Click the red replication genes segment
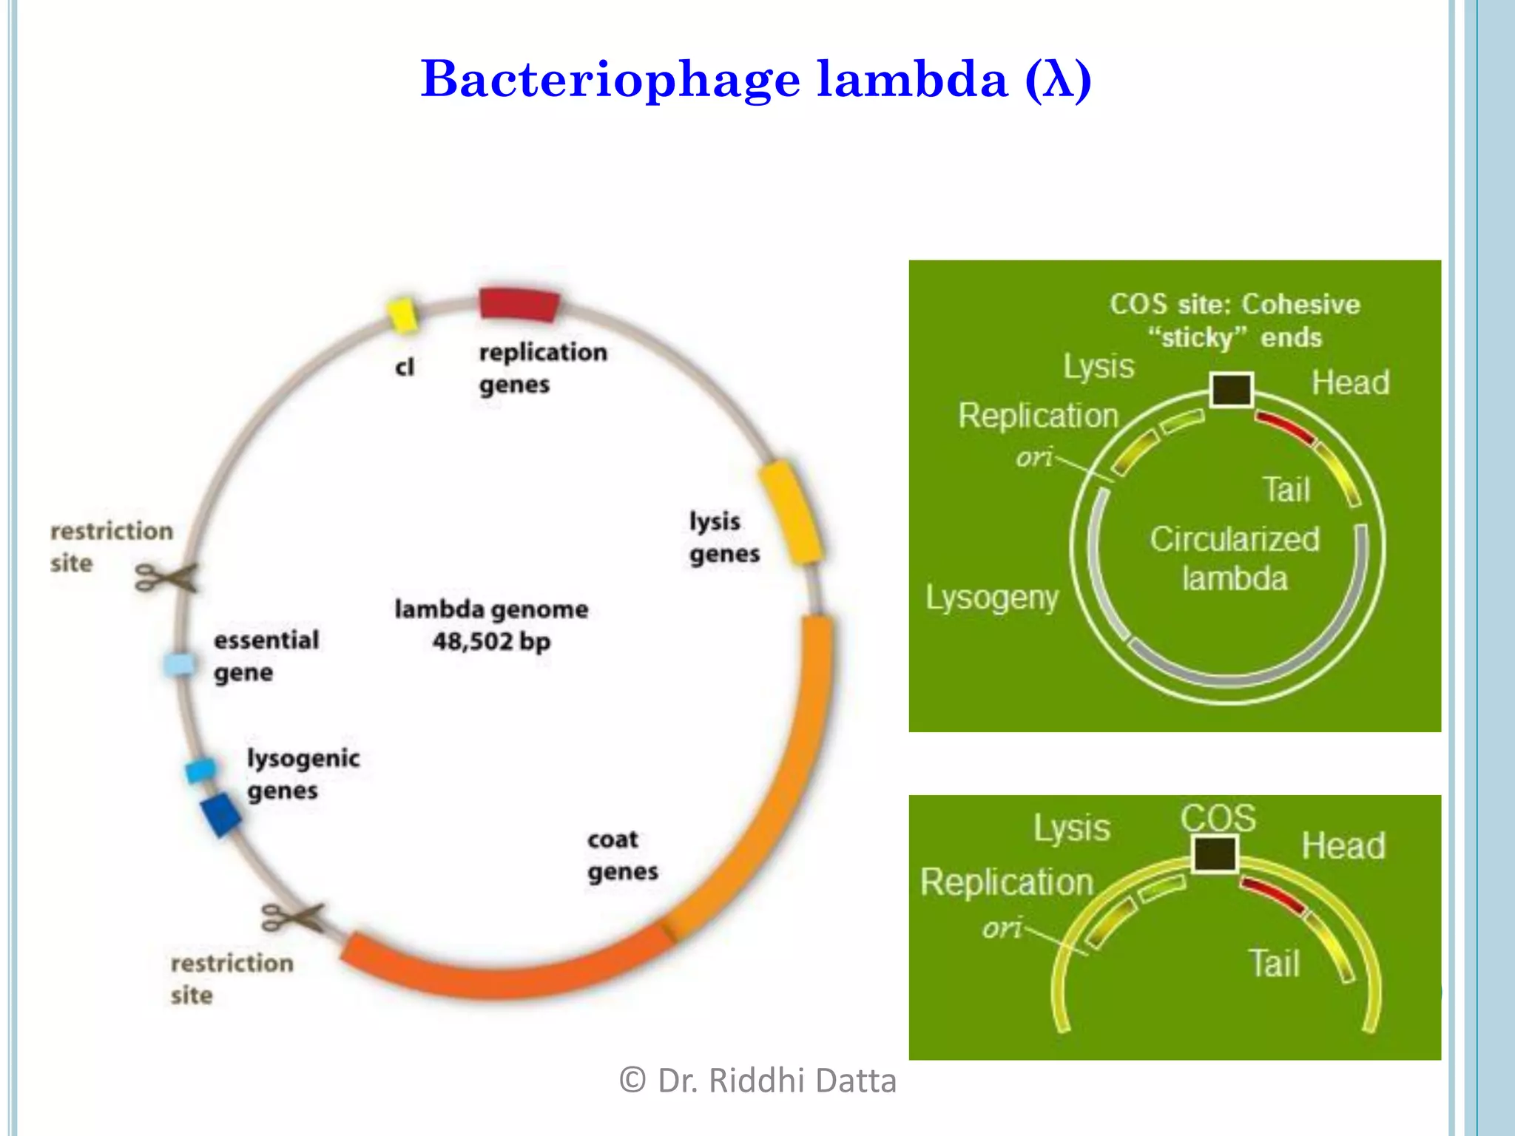519,304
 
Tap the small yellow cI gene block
403,314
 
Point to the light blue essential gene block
180,663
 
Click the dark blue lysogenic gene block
220,814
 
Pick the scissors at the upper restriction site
166,577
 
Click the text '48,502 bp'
491,641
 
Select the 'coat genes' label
622,856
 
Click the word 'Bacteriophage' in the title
610,79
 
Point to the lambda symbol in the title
1059,79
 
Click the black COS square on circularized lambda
1232,390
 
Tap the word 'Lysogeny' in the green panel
992,598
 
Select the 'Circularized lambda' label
1234,558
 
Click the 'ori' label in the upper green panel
1033,458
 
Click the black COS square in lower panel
1215,853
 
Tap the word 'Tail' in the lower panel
1274,964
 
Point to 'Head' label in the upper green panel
1350,383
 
